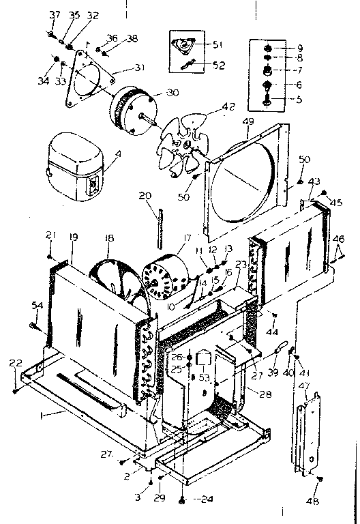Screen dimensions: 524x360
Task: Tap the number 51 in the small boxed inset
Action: click(217, 45)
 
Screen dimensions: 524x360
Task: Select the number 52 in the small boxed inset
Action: click(217, 65)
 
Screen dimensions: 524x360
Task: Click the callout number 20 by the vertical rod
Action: click(144, 196)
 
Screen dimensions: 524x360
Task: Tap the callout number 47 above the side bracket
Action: click(305, 385)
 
